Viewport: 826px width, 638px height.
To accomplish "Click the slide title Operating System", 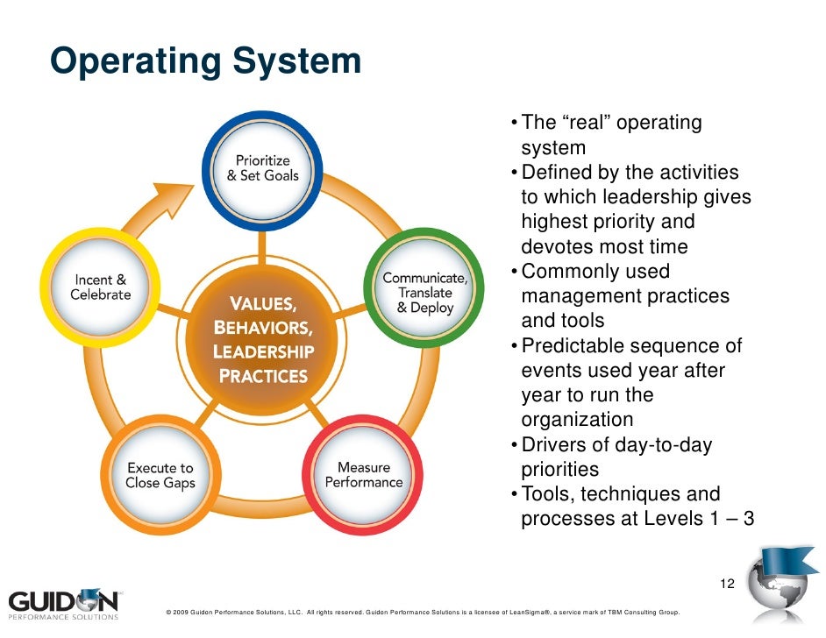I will coord(205,62).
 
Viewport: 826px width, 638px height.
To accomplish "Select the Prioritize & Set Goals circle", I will coord(262,168).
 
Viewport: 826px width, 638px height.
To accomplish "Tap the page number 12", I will coord(726,584).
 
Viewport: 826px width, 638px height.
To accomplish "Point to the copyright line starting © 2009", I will coord(416,613).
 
